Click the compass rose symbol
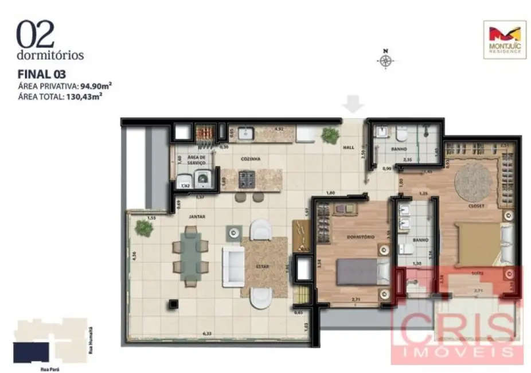click(386, 60)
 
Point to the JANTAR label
click(197, 216)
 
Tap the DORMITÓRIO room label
click(361, 236)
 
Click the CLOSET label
click(476, 205)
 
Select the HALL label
click(349, 147)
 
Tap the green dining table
click(190, 255)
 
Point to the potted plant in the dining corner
click(144, 228)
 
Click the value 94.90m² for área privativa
click(95, 86)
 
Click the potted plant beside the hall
click(330, 135)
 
